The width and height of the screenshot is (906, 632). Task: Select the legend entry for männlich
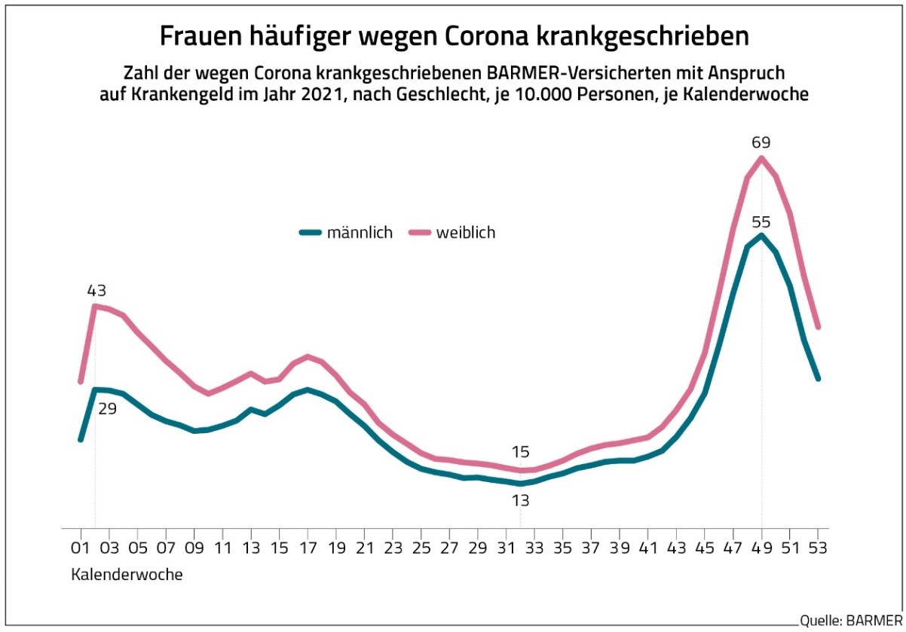346,233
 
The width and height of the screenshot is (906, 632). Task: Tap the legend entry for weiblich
451,233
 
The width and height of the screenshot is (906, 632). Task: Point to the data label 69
761,142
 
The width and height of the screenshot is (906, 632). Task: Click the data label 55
761,222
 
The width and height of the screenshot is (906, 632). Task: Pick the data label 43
96,290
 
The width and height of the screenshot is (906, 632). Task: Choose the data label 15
521,452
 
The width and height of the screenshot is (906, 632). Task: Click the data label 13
521,500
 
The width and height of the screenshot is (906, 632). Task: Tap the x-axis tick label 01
80,548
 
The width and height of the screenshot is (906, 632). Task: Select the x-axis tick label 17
309,548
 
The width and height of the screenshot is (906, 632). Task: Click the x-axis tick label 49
761,548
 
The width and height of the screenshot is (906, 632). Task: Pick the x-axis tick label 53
819,548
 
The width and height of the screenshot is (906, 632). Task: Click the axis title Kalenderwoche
127,575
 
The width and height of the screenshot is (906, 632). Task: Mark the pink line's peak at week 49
761,157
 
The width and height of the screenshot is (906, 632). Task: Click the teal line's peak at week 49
761,236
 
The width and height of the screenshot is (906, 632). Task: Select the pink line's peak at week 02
95,306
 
